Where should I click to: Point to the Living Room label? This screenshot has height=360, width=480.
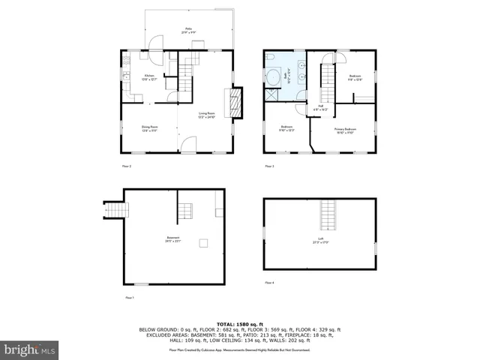click(x=206, y=115)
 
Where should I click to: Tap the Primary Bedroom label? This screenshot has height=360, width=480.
click(x=345, y=130)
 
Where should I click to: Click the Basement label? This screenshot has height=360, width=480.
click(x=172, y=239)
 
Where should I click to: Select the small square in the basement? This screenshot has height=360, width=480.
click(x=202, y=242)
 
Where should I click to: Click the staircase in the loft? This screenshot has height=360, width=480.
click(x=328, y=215)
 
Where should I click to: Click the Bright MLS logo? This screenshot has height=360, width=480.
click(x=30, y=349)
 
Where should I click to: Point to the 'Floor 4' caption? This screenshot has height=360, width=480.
click(x=269, y=283)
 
